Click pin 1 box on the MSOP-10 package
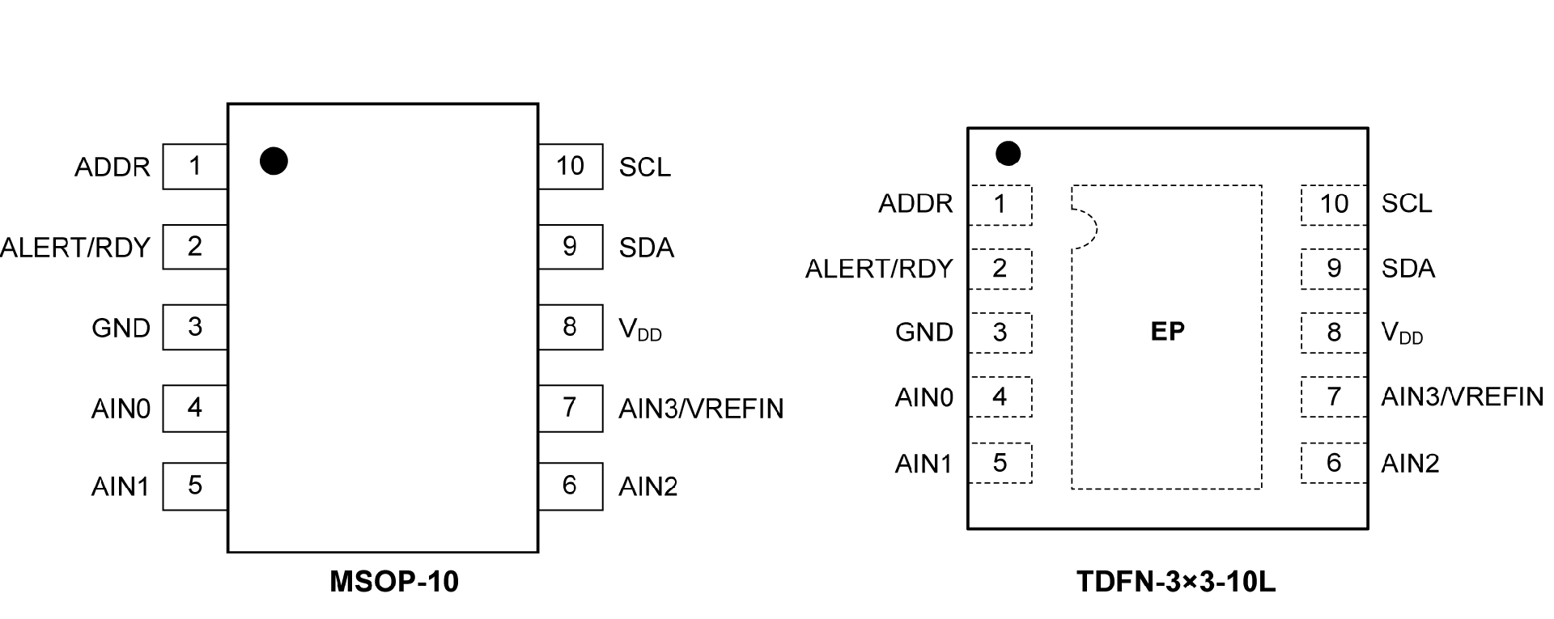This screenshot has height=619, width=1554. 194,167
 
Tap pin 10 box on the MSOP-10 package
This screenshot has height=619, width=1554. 570,167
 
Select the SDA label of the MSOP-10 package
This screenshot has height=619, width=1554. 646,248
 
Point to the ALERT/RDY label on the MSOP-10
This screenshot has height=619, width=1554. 75,248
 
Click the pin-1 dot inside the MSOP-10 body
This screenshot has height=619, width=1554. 274,161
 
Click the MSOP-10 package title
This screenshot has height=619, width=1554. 394,582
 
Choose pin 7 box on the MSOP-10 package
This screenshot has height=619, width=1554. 570,407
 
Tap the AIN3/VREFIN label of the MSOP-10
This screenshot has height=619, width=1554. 701,409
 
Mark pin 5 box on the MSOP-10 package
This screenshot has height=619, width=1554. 194,485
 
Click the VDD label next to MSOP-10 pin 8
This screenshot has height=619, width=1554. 639,329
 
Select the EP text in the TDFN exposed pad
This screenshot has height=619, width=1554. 1167,331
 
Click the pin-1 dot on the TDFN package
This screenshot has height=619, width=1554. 1008,153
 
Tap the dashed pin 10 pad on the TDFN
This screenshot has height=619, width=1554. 1334,205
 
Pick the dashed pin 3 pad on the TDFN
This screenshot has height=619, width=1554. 1000,333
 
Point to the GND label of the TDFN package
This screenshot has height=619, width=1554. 924,333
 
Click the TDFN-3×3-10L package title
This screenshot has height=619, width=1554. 1175,582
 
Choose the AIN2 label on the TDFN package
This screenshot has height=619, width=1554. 1410,464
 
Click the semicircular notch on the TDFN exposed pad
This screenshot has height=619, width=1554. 1086,229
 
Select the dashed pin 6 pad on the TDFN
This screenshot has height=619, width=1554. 1334,464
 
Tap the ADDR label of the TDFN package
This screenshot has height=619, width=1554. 915,204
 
